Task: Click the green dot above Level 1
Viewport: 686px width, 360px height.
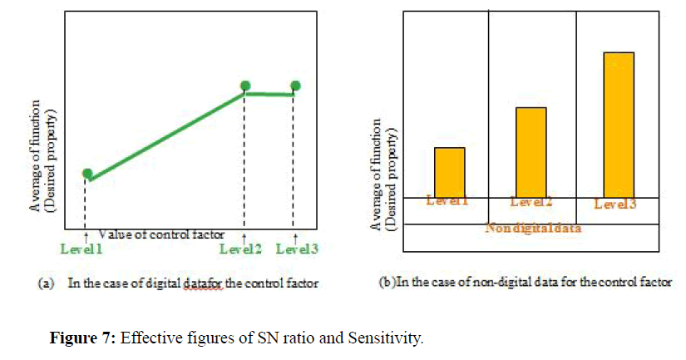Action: (x=86, y=173)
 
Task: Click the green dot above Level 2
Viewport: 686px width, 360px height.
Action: (x=245, y=86)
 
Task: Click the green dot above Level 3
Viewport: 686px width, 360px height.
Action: (x=295, y=86)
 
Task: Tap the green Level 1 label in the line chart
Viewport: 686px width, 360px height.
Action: (x=81, y=248)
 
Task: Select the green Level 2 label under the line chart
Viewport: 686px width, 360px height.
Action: (x=242, y=248)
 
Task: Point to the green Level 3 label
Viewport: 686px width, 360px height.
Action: (x=297, y=248)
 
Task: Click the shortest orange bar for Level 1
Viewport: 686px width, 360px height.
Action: (x=450, y=171)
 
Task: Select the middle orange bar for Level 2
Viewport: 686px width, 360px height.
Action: (x=531, y=151)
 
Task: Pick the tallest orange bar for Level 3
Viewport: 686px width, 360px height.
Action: (x=619, y=125)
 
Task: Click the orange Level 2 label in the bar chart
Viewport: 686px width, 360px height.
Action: (x=531, y=202)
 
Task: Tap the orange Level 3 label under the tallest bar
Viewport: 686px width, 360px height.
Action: (x=616, y=204)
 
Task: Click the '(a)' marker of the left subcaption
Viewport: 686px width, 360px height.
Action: (x=48, y=283)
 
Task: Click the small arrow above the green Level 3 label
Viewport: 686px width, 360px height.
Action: (x=296, y=237)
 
